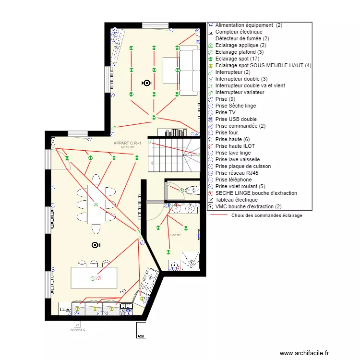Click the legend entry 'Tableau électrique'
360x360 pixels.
pyautogui.click(x=236, y=200)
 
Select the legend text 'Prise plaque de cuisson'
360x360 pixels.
pyautogui.click(x=243, y=166)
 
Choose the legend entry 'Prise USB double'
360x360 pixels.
pyautogui.click(x=236, y=119)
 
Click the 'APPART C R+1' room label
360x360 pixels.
pyautogui.click(x=128, y=144)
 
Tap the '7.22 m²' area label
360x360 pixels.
pyautogui.click(x=175, y=235)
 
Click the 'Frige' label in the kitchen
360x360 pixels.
pyautogui.click(x=65, y=310)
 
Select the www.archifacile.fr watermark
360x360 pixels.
pyautogui.click(x=305, y=353)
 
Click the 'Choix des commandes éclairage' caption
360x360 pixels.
pyautogui.click(x=267, y=216)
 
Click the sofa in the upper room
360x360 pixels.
pyautogui.click(x=189, y=70)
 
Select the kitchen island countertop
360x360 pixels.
pyautogui.click(x=94, y=278)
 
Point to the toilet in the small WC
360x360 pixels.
pyautogui.click(x=193, y=191)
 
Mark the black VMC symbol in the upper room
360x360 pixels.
pyautogui.click(x=146, y=83)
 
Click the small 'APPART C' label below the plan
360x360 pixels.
pyautogui.click(x=78, y=330)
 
